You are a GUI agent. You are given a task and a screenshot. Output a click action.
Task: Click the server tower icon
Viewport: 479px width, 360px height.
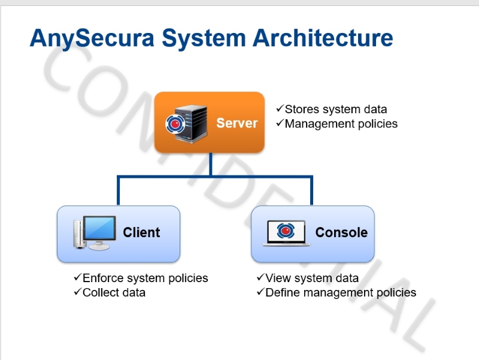pyautogui.click(x=187, y=122)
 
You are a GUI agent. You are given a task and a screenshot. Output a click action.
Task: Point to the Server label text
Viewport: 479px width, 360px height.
pyautogui.click(x=237, y=123)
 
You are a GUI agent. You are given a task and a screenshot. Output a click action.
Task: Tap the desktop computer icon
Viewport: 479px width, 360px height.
pyautogui.click(x=95, y=232)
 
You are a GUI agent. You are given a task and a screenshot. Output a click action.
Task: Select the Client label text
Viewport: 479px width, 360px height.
pyautogui.click(x=142, y=232)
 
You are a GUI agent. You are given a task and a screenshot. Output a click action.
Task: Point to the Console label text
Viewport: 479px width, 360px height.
pyautogui.click(x=341, y=232)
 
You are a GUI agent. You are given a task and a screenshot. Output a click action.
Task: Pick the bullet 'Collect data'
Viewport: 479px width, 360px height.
pyautogui.click(x=114, y=292)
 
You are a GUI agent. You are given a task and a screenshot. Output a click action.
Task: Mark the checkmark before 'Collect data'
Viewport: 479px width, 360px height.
pyautogui.click(x=77, y=292)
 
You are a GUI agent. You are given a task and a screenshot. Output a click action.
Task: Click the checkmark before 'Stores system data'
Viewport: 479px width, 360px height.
pyautogui.click(x=280, y=109)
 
